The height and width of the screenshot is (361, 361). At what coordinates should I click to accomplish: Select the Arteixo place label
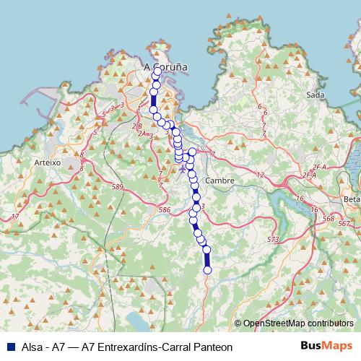coord(47,163)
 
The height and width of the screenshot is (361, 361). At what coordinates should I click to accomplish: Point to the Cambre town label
coord(217,180)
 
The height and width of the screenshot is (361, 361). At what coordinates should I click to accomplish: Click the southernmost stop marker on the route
coord(208,270)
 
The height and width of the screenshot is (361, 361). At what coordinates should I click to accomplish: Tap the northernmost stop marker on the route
coord(158,71)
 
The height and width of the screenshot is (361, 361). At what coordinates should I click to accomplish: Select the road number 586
coord(165,210)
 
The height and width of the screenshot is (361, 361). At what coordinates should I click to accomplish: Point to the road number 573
coord(272,239)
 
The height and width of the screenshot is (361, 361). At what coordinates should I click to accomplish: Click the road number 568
coord(329,218)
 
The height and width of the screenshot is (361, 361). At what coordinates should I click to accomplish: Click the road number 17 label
coord(15,217)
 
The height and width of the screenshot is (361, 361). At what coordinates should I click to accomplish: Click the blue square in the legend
coord(10,347)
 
